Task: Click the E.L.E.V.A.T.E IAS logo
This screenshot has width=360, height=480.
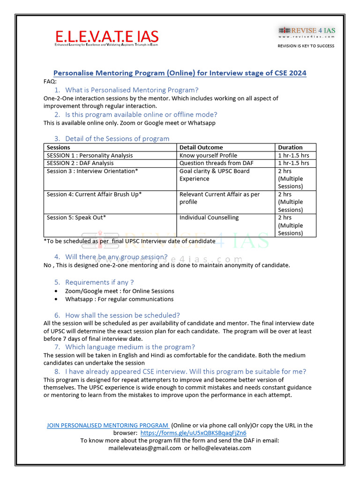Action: click(106, 38)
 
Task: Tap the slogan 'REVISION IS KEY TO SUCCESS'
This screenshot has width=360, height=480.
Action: click(306, 46)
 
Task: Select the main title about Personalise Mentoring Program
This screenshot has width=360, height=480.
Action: click(180, 73)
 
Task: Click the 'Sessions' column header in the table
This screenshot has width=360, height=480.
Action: click(59, 147)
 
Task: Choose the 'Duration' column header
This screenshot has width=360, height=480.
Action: click(290, 147)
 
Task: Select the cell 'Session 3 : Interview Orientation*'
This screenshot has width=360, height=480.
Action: click(92, 171)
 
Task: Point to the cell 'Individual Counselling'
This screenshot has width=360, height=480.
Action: click(209, 217)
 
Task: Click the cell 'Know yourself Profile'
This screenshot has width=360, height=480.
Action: click(208, 155)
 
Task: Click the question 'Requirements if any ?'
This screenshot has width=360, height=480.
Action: click(99, 282)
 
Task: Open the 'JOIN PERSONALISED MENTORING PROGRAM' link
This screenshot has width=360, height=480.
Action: click(107, 425)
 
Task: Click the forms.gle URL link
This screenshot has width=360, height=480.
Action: click(193, 433)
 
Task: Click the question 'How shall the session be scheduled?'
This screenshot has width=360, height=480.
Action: click(122, 315)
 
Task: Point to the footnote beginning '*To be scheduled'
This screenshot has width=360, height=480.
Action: click(129, 241)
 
